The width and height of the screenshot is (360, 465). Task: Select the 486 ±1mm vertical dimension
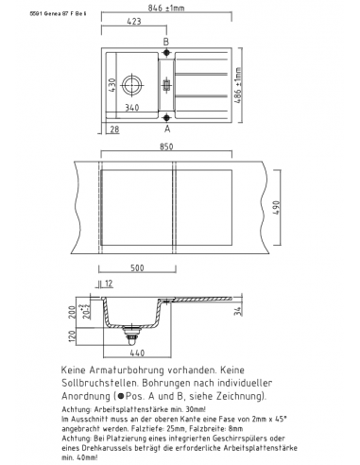point(238,85)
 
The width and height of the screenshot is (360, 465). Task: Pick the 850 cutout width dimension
point(169,147)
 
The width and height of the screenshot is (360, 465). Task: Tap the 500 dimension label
point(137,268)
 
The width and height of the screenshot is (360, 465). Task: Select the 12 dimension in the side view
point(109,283)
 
